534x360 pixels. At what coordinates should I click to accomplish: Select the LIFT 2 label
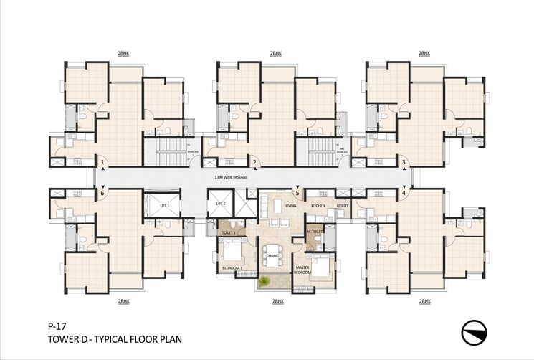coord(221,204)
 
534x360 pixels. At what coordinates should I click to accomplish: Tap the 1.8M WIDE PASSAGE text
coord(231,176)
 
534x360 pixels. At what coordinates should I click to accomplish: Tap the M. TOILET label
coord(313,233)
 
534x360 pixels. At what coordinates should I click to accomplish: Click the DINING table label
coord(272,255)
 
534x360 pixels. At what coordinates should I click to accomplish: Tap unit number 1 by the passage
coord(102,163)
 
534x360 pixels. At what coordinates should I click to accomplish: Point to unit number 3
coord(404,163)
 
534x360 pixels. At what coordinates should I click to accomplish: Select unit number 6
coord(102,192)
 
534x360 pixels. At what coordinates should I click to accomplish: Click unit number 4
coord(404,192)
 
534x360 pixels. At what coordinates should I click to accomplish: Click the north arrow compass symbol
coord(476,333)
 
